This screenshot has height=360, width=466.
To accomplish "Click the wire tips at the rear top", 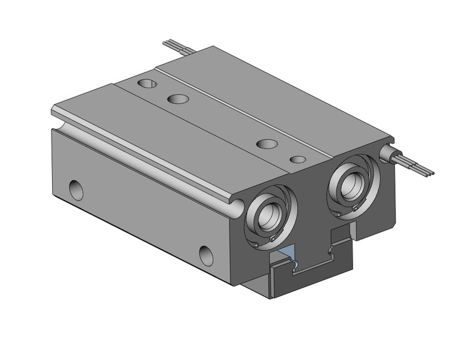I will coord(167,43).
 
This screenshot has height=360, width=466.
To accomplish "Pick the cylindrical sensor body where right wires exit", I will coord(389,153).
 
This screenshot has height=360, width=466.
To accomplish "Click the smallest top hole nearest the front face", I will coord(298,159).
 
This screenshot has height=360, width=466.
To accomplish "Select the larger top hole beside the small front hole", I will coord(267,144).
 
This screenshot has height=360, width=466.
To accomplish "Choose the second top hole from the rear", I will coord(178,98).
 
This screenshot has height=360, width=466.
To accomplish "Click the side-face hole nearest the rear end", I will coord(75,189).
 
